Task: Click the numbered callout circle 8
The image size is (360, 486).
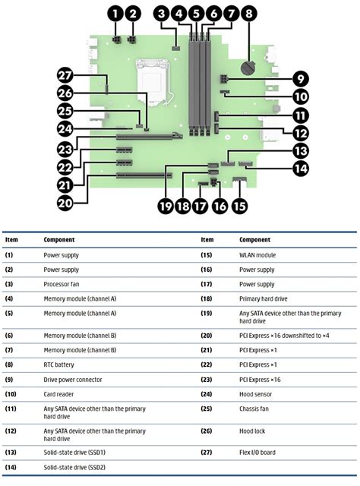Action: point(248,14)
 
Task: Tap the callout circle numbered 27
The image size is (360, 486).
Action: point(65,76)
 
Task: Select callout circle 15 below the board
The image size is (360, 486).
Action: point(239,206)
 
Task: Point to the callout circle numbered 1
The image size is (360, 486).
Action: point(115,14)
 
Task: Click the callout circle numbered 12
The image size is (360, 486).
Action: point(301,134)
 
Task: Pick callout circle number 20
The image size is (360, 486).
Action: point(65,204)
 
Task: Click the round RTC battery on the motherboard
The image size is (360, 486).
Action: point(248,68)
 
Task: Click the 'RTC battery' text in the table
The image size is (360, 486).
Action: point(58,364)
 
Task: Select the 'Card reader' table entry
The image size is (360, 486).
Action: point(58,394)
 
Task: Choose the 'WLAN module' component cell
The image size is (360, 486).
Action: point(257,255)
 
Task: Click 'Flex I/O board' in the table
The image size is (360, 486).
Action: point(257,453)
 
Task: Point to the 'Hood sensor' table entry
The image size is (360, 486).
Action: point(255,394)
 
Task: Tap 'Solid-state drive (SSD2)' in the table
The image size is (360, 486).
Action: point(74,467)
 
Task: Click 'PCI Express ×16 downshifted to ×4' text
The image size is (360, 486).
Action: point(284,336)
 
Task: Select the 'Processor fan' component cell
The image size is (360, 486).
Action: point(62,284)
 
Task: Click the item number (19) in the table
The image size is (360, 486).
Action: point(207,314)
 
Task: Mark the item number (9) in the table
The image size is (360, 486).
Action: point(9,380)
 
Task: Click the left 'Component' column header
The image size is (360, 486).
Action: point(59,240)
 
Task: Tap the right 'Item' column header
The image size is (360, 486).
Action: point(207,240)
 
